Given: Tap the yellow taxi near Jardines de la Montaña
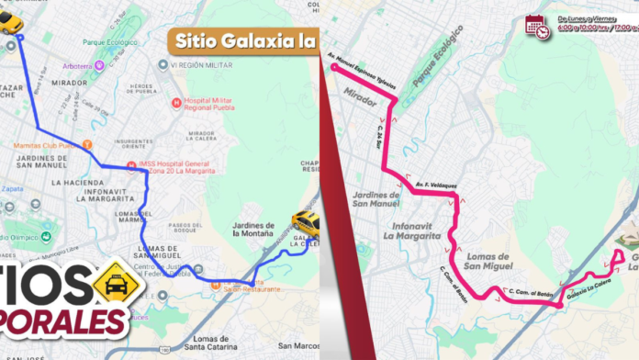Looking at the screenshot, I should [306, 223].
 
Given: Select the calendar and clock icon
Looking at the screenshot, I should [537, 27].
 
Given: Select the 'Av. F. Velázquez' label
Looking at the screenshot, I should [434, 184].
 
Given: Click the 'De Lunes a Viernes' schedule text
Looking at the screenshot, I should [586, 18].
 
